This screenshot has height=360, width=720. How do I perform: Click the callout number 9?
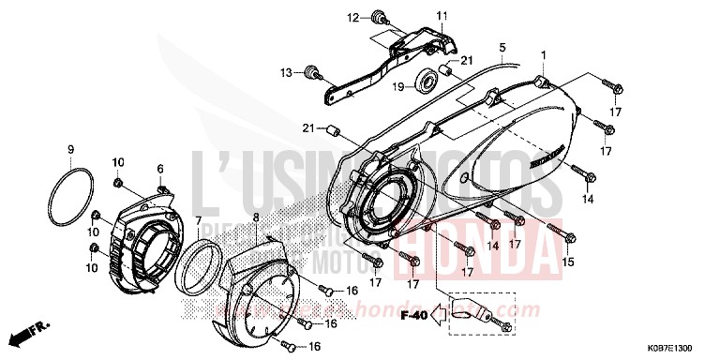click(70, 150)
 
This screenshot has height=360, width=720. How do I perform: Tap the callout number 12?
click(353, 17)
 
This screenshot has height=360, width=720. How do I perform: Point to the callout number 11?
click(442, 15)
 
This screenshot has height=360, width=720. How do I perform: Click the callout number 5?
click(502, 47)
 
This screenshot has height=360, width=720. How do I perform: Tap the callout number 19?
click(397, 86)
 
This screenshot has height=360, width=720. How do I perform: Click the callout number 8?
click(254, 217)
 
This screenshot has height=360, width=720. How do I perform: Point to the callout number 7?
click(200, 220)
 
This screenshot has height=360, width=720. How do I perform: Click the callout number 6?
click(159, 169)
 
